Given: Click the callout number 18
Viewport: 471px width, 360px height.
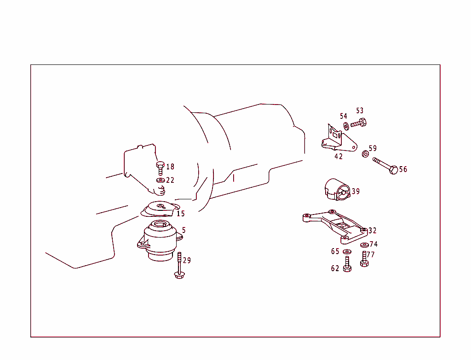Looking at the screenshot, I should tap(170, 167).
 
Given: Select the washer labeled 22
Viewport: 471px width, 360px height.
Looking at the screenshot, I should tap(161, 180).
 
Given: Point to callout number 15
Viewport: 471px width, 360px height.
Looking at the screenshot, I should tap(180, 214).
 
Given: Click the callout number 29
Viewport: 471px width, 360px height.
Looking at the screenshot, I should tap(187, 261).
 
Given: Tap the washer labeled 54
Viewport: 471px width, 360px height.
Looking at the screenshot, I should tap(346, 126).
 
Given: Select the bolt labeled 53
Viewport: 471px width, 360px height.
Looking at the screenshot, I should tap(358, 123).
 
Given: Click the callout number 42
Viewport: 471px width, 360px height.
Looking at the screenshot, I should tap(339, 157).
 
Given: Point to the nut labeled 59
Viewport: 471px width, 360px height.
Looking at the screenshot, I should tap(365, 153).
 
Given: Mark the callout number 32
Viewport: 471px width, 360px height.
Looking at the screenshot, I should tap(373, 231).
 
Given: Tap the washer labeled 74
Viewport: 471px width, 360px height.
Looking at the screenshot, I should tap(364, 245).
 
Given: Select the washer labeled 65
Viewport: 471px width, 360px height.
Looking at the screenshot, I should tap(347, 251).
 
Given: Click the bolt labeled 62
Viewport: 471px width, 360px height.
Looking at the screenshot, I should tap(347, 265).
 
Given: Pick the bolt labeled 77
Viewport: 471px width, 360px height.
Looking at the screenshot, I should tap(364, 259).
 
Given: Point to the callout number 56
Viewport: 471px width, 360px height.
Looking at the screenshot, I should tap(403, 169).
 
